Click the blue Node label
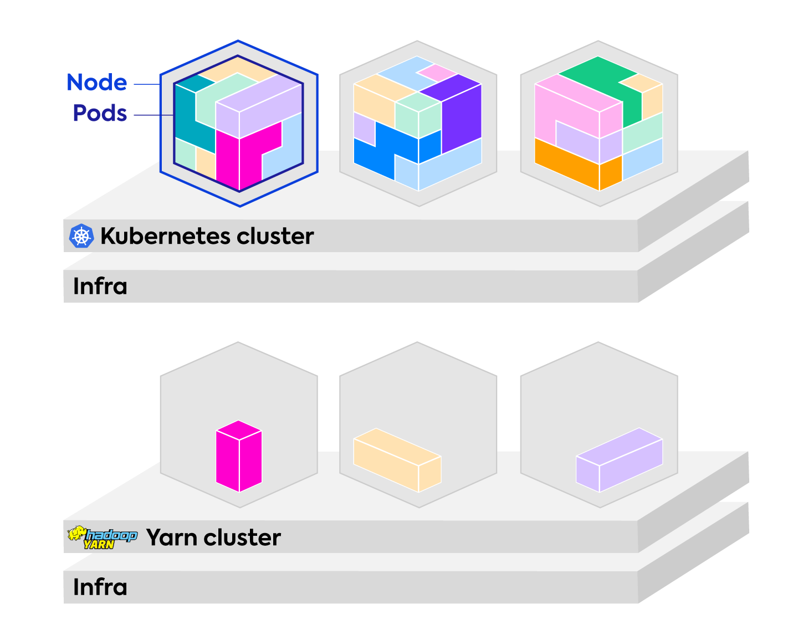[x=96, y=83]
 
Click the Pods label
[x=100, y=113]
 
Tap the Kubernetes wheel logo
[x=81, y=236]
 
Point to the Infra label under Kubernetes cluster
[x=100, y=286]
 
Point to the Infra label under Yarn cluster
[x=100, y=587]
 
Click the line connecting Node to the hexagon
[x=147, y=84]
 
